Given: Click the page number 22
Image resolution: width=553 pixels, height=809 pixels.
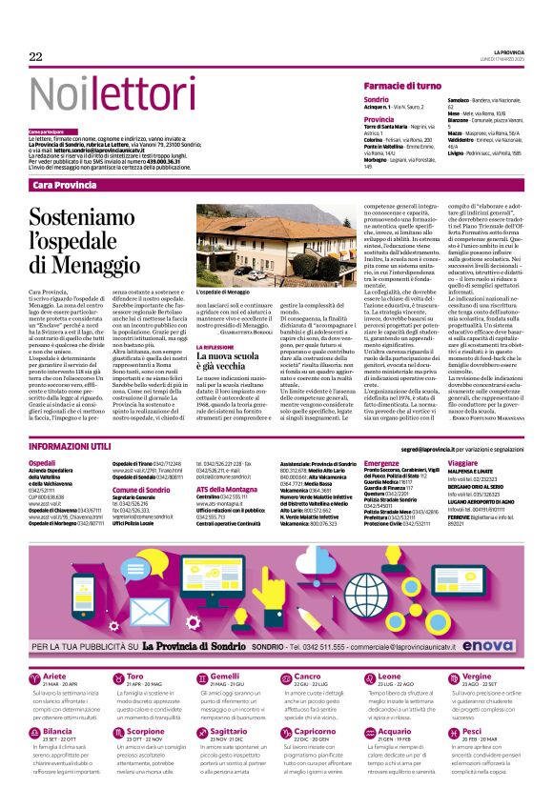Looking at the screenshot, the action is [x=35, y=56].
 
